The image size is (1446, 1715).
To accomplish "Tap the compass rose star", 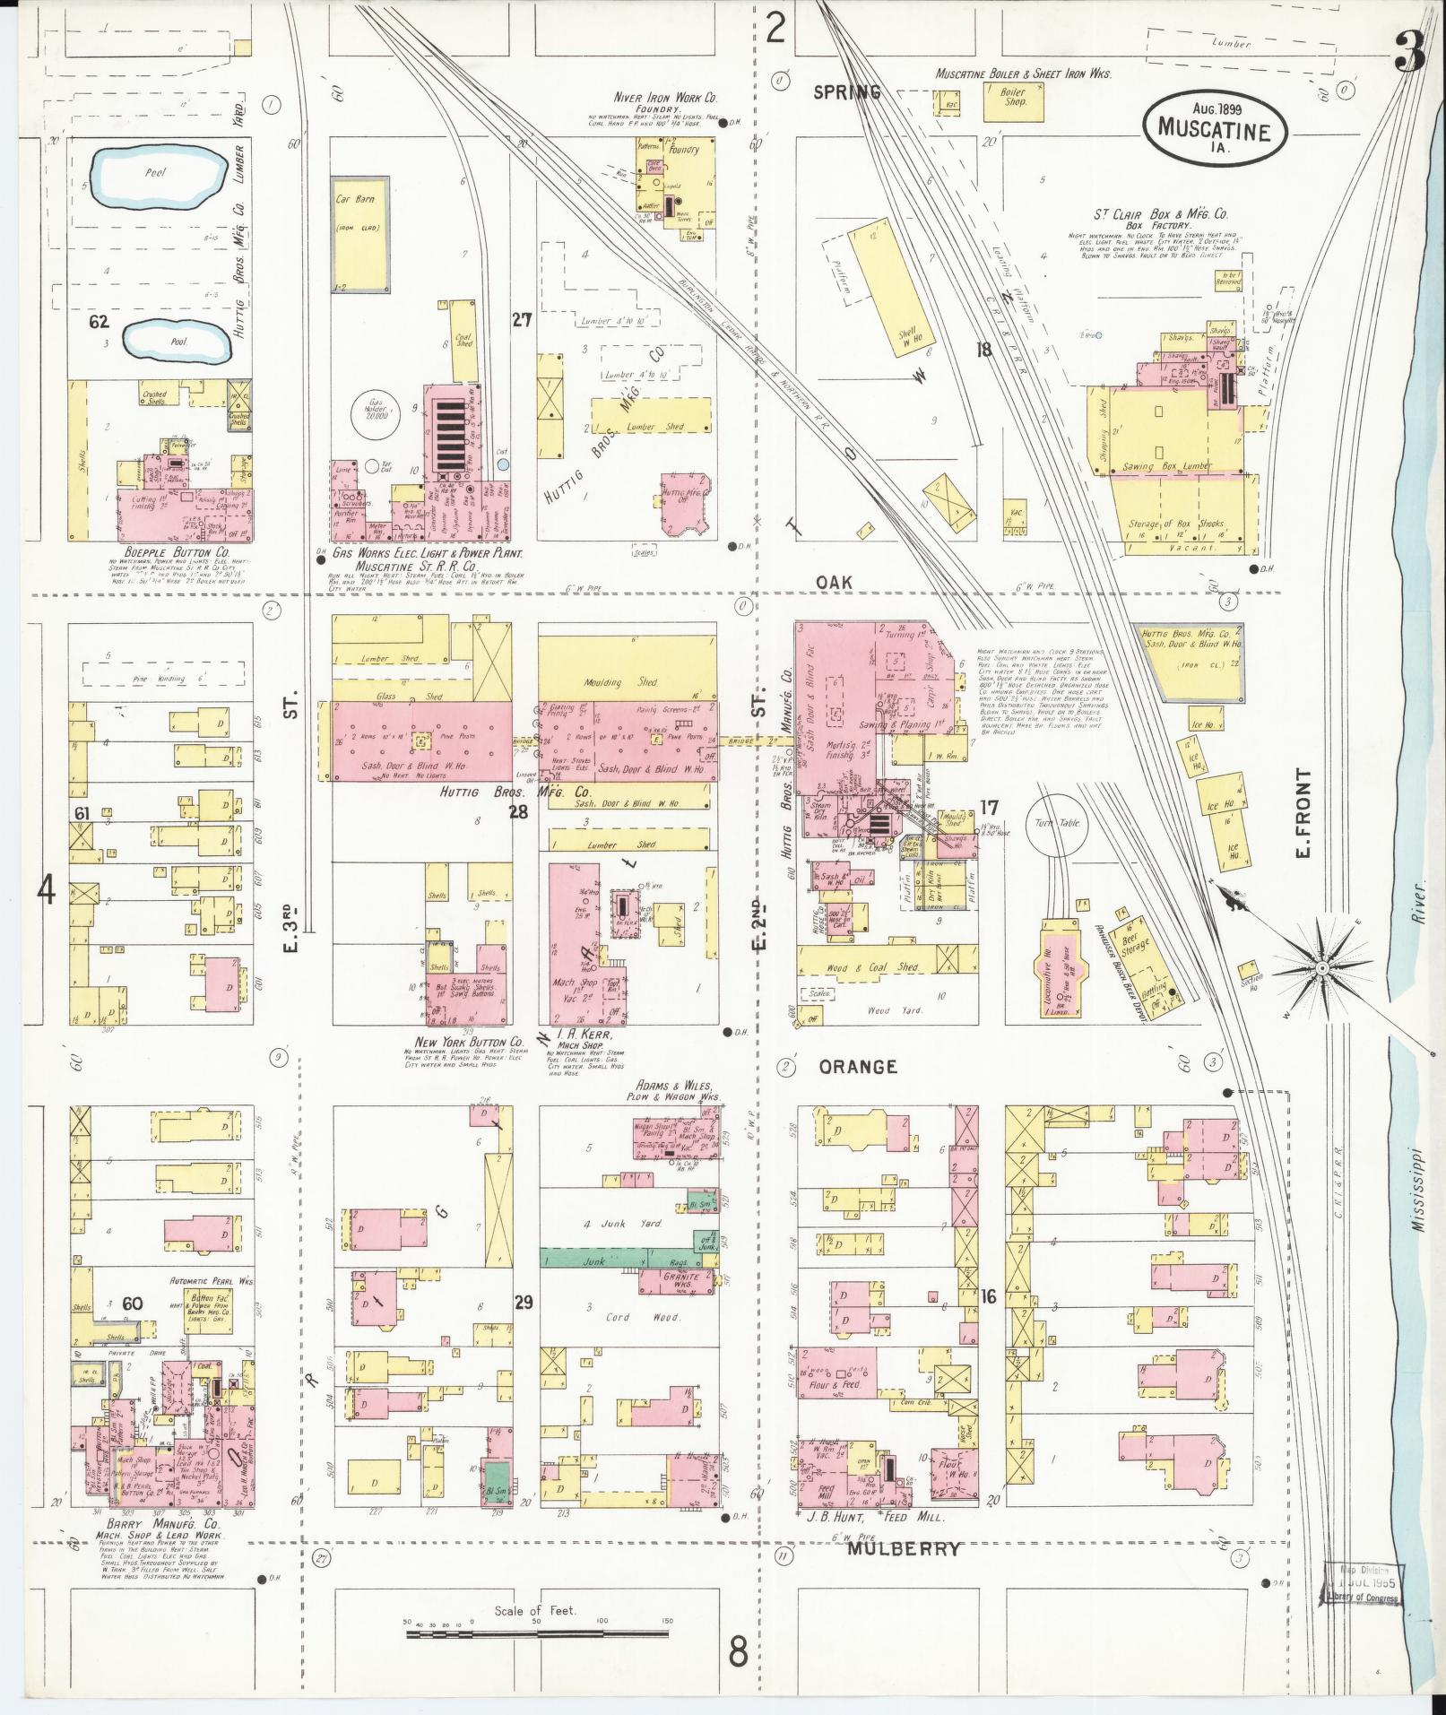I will click(1321, 969).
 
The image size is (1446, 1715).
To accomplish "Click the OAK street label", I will click(834, 583).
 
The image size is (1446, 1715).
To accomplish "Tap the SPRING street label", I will click(847, 92).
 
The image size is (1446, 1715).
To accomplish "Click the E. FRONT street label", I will click(1303, 812).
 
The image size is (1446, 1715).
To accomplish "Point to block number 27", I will click(523, 318).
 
